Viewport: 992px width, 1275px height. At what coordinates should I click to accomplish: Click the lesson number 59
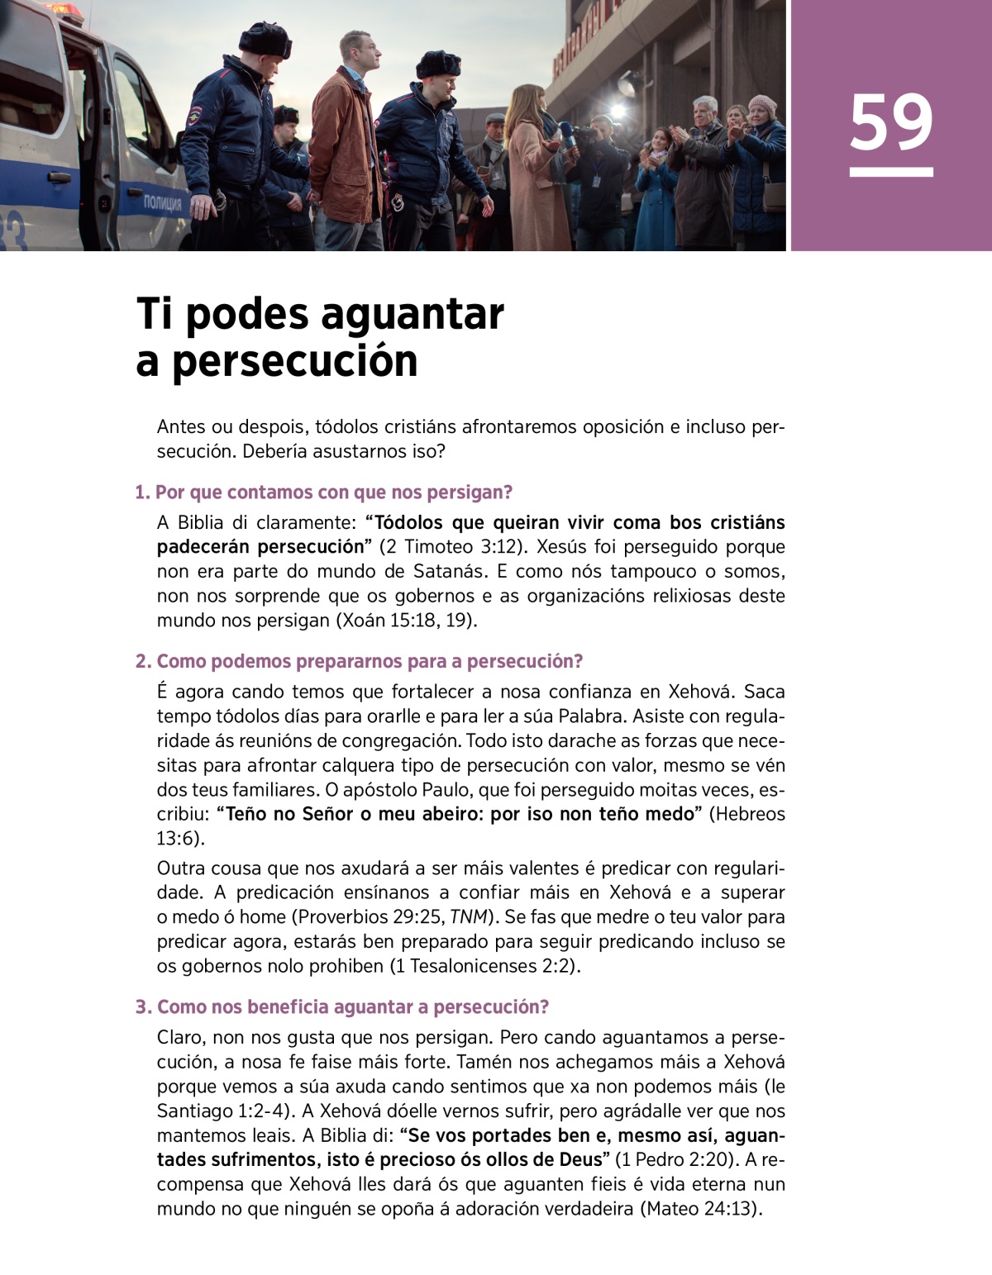point(890,122)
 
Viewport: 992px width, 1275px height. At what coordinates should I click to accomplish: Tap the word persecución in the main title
point(294,361)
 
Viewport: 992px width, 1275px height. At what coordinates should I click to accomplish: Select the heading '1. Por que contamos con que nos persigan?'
point(323,492)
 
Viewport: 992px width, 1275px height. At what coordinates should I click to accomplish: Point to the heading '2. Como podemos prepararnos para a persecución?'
point(359,661)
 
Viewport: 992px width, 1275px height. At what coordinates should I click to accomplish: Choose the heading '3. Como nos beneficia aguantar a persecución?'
point(342,1006)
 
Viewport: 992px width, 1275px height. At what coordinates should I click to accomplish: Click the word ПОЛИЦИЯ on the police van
point(164,202)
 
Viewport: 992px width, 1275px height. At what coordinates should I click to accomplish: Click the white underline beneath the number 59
point(890,172)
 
